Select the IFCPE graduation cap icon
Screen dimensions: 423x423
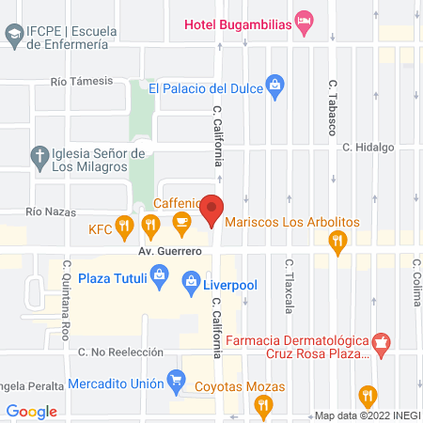point(14,36)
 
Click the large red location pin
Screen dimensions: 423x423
point(213,209)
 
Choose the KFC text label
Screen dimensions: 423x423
point(101,228)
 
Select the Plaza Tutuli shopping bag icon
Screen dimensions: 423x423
point(160,278)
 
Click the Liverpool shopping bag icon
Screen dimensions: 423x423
point(191,279)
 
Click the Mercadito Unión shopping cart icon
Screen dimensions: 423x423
point(175,380)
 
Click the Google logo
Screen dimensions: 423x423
point(32,411)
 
